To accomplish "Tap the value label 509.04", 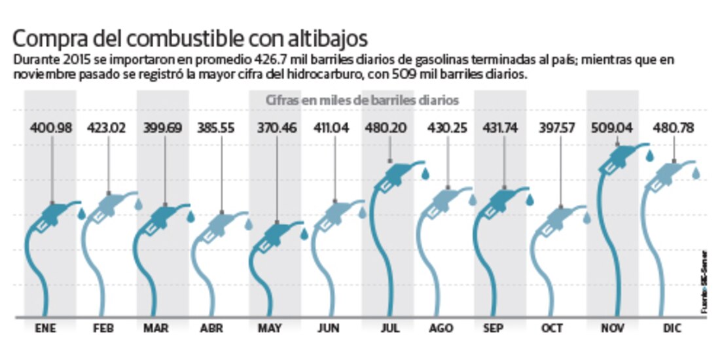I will point(613,128).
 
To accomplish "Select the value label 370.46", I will point(276,128).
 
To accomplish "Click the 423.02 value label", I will point(107,128).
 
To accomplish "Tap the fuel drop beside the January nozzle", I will point(82,213).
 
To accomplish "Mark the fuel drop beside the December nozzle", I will point(696,173).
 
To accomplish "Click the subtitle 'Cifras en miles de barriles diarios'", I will point(361,100).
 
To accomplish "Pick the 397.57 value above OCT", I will point(557,128).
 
